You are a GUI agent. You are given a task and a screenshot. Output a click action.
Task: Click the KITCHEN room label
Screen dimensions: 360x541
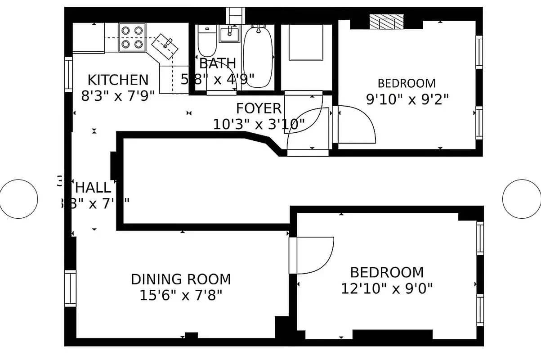point(117,80)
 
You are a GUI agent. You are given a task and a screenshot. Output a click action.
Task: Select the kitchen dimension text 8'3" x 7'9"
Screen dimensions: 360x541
point(118,96)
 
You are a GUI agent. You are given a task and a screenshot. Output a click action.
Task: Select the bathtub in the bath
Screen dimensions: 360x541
point(258,56)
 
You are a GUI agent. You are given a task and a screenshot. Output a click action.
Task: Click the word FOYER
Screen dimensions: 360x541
point(259,108)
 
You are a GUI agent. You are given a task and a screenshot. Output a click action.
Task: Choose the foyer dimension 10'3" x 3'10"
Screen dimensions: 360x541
point(259,124)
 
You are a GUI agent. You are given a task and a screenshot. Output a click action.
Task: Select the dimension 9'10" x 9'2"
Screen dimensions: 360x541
point(407,99)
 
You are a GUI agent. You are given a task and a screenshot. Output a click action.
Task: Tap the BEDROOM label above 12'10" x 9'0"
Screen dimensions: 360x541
point(387,272)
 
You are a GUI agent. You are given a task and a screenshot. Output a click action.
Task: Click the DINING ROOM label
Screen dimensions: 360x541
point(181,279)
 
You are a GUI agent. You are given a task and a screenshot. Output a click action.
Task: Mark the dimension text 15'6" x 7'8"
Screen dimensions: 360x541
point(181,295)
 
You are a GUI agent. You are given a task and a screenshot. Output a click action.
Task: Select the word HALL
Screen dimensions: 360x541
point(93,187)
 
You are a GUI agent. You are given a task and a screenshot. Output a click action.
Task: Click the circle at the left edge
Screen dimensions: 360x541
point(18,198)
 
